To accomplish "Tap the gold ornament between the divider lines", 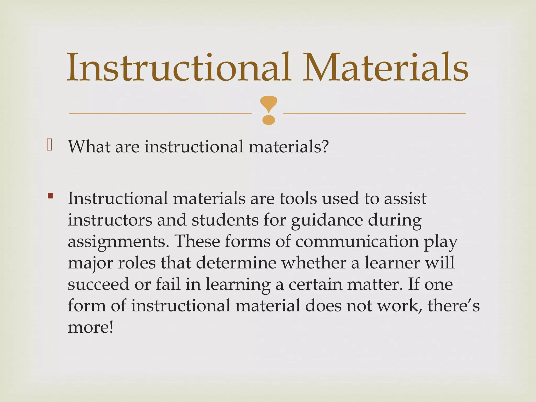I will point(269,110).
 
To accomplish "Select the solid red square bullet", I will point(50,196).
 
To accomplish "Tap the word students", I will point(225,220).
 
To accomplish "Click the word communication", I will point(357,241).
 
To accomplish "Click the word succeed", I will point(98,284).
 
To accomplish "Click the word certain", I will point(315,284).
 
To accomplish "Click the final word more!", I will point(91,327).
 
